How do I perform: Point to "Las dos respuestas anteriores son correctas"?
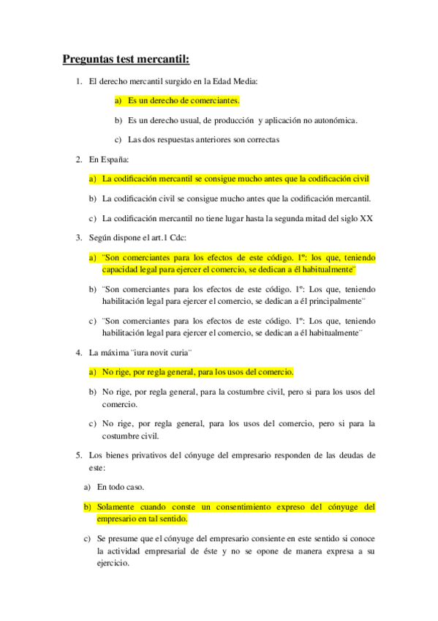pyautogui.click(x=203, y=139)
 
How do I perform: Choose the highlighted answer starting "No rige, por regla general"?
pyautogui.click(x=197, y=372)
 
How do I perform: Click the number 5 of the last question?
pyautogui.click(x=78, y=455)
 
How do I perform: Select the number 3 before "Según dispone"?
pyautogui.click(x=78, y=237)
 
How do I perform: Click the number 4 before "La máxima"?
pyautogui.click(x=78, y=353)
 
